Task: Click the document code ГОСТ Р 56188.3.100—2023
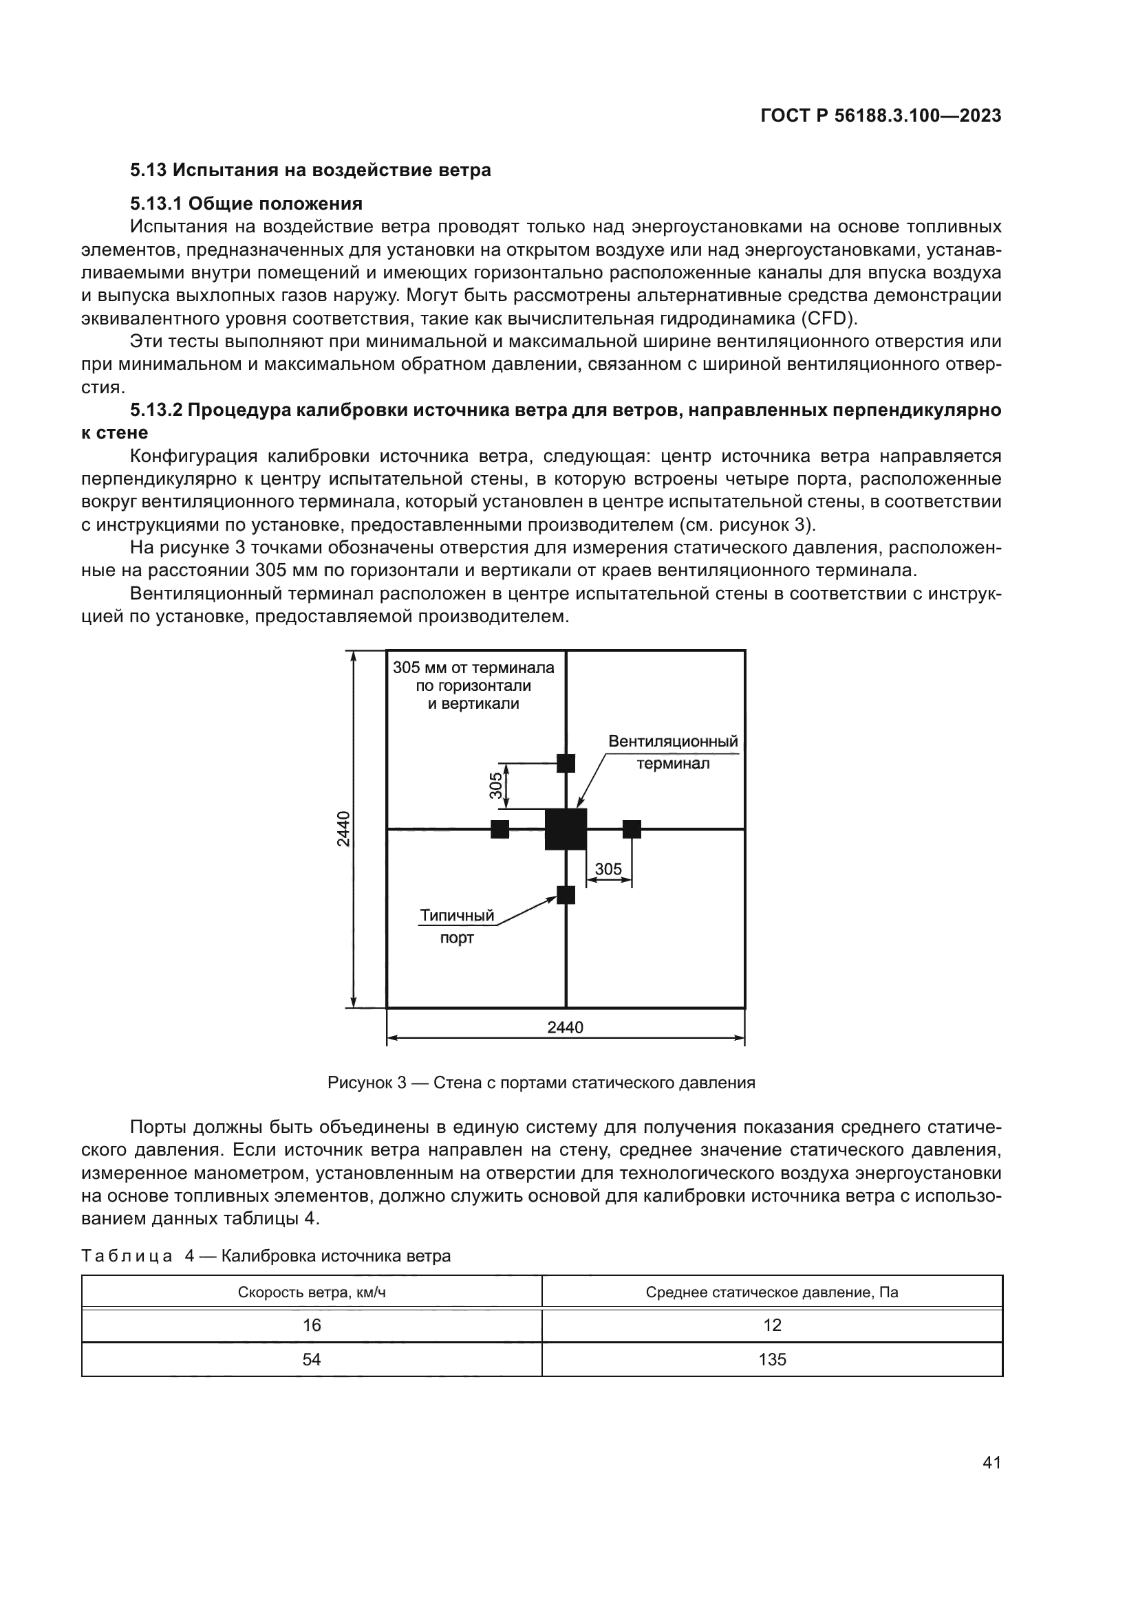[880, 116]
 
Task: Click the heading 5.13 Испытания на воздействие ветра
[310, 170]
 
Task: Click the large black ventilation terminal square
[566, 829]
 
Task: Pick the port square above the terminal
[566, 763]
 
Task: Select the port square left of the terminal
[500, 829]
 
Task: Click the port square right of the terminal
[632, 829]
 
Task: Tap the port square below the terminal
[566, 895]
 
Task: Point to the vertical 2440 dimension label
[343, 828]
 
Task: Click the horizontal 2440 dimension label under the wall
[565, 1027]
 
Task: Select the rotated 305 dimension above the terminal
[496, 785]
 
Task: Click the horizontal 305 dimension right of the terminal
[608, 869]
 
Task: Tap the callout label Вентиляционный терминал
[673, 752]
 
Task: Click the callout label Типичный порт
[457, 927]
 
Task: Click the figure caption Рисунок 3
[541, 1083]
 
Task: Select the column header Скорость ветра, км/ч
[312, 1292]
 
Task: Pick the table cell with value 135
[772, 1360]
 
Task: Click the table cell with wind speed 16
[312, 1325]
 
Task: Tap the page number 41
[991, 1462]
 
